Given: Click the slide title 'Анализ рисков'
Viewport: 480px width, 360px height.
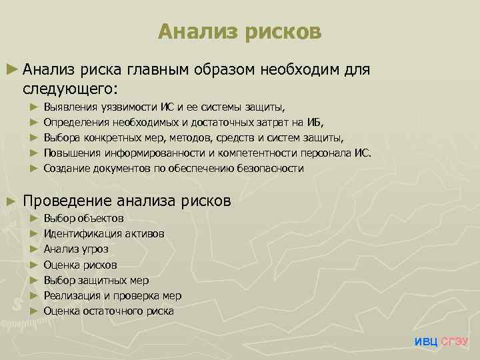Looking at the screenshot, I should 240,31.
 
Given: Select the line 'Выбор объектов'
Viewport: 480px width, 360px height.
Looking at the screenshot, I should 83,218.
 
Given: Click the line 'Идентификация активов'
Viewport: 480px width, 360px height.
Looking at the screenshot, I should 103,233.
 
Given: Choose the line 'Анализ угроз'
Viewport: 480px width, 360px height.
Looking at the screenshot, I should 76,249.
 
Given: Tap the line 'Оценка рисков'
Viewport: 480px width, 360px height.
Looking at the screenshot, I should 80,265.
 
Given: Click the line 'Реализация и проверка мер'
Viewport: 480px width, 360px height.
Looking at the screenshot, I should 112,295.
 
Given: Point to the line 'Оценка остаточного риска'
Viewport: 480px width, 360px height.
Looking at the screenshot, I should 109,311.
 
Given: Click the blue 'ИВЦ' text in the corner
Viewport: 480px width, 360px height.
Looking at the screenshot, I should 426,342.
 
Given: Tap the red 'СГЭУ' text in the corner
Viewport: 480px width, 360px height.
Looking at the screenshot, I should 455,342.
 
